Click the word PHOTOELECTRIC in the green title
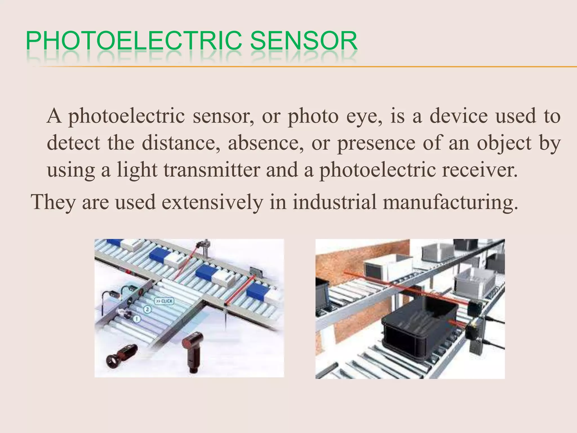[134, 41]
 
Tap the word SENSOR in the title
[304, 41]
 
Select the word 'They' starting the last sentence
[53, 202]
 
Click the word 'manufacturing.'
[450, 202]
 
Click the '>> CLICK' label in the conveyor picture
[164, 301]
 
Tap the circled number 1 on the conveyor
[137, 319]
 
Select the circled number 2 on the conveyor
[148, 310]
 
